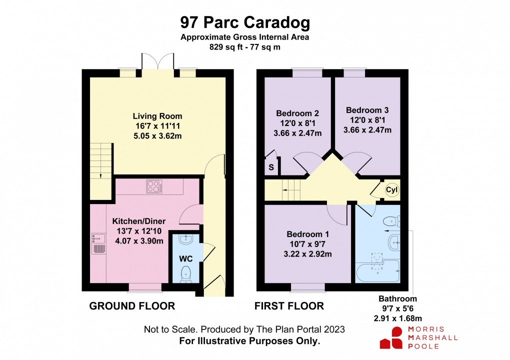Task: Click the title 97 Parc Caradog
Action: click(245, 23)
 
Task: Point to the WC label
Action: click(186, 259)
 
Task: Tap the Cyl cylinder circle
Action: click(391, 190)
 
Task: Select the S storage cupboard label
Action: click(271, 167)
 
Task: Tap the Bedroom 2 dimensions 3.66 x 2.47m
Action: click(298, 133)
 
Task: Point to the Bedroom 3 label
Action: click(367, 110)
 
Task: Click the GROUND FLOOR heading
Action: click(132, 306)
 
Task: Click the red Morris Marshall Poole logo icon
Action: click(391, 337)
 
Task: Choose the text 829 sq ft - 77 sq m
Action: click(244, 47)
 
